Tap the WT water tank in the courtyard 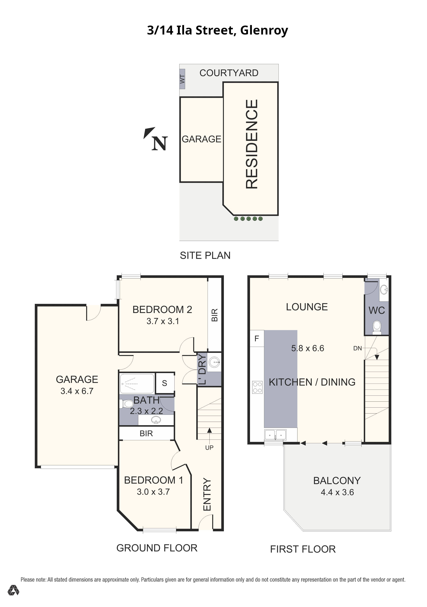tap(182, 79)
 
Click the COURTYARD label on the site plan tap(229, 73)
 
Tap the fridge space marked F tap(257, 338)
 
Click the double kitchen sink tap(275, 434)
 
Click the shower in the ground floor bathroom tap(137, 384)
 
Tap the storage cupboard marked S tap(165, 383)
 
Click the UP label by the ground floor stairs tap(209, 448)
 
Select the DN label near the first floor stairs tap(357, 348)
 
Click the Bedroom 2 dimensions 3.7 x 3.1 tap(163, 321)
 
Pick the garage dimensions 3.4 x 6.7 tap(77, 391)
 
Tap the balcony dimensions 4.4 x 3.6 tap(337, 492)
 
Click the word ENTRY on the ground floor tap(207, 494)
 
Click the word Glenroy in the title tap(264, 31)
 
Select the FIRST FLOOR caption tap(303, 549)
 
